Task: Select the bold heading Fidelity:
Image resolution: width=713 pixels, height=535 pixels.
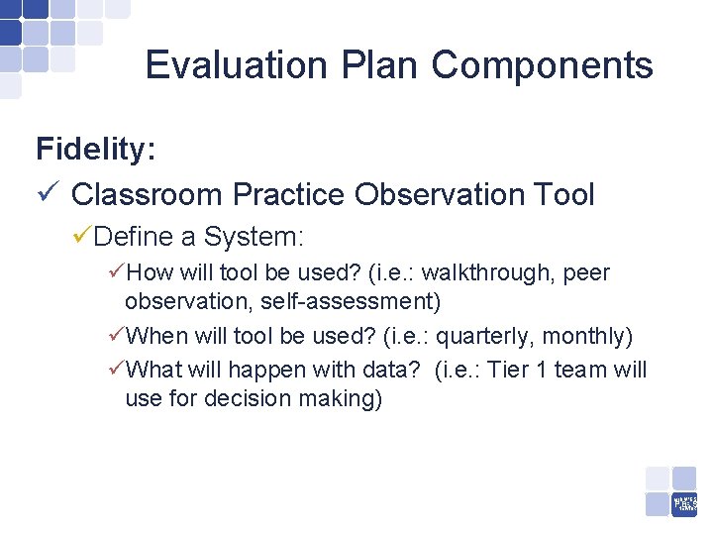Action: [x=95, y=150]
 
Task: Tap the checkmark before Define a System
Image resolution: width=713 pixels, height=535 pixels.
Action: [x=82, y=237]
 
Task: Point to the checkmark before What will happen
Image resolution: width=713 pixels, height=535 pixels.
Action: [x=116, y=370]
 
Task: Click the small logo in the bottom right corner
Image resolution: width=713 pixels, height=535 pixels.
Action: [x=684, y=502]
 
